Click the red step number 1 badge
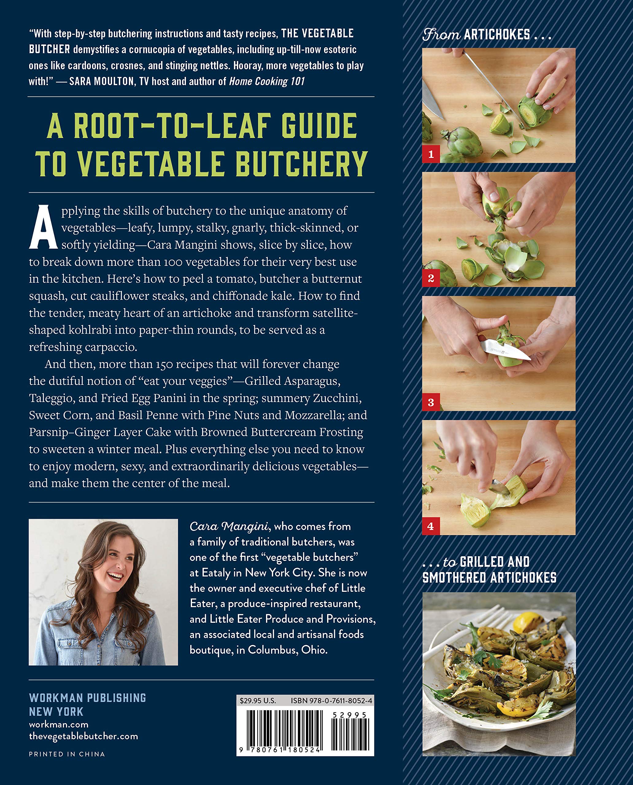pyautogui.click(x=430, y=154)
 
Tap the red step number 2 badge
pyautogui.click(x=430, y=278)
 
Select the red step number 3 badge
pyautogui.click(x=430, y=402)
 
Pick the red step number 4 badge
pyautogui.click(x=430, y=526)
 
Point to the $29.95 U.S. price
pyautogui.click(x=258, y=700)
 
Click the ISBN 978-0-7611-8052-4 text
pyautogui.click(x=331, y=700)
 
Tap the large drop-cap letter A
pyautogui.click(x=43, y=228)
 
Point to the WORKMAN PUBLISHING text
pyautogui.click(x=87, y=698)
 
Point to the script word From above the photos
pyautogui.click(x=441, y=35)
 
